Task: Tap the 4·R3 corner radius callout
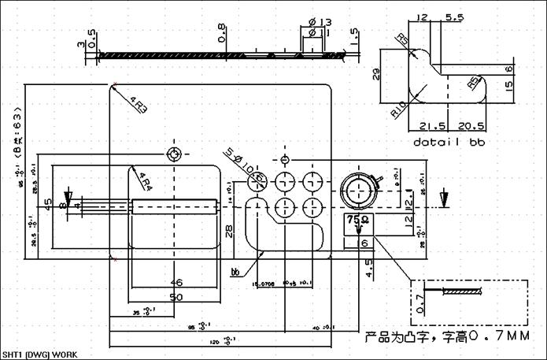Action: [x=139, y=104]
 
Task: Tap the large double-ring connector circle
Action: [x=359, y=191]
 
